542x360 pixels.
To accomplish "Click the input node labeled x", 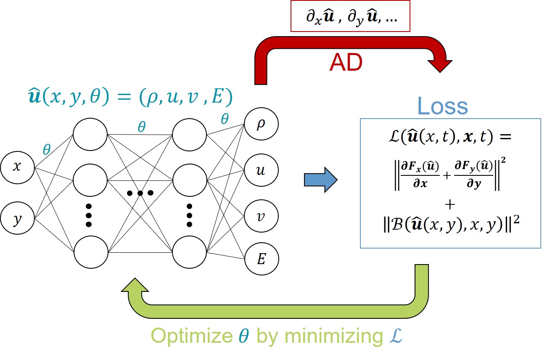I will point(17,167).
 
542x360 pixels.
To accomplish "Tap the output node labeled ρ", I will point(261,125).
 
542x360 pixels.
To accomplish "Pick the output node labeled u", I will point(261,170).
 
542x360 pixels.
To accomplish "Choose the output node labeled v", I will point(261,216).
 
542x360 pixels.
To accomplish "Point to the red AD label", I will point(346,63).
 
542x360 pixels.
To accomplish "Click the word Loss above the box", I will point(442,107).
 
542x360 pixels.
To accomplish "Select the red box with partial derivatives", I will point(350,19).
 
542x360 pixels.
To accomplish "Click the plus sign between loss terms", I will point(450,205).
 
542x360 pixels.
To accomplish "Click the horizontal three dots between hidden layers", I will point(140,193).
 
